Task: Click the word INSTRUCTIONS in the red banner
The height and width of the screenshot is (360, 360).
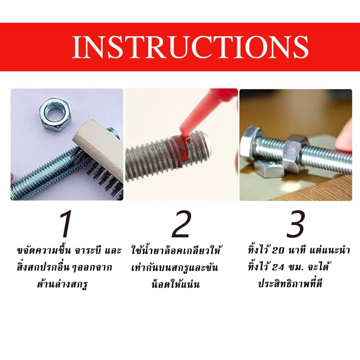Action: [x=190, y=47]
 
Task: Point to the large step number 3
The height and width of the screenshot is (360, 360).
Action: [x=295, y=224]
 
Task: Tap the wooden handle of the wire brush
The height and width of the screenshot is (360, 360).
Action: [x=99, y=147]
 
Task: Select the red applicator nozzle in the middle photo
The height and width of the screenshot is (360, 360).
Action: [x=202, y=110]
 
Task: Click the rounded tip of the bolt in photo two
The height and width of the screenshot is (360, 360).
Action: [x=208, y=146]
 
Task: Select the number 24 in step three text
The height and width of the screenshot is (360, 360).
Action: [x=278, y=268]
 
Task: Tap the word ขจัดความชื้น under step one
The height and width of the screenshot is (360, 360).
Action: [x=44, y=250]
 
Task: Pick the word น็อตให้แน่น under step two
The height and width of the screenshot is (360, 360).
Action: [x=176, y=284]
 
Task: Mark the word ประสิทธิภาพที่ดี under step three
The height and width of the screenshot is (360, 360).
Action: [x=290, y=283]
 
